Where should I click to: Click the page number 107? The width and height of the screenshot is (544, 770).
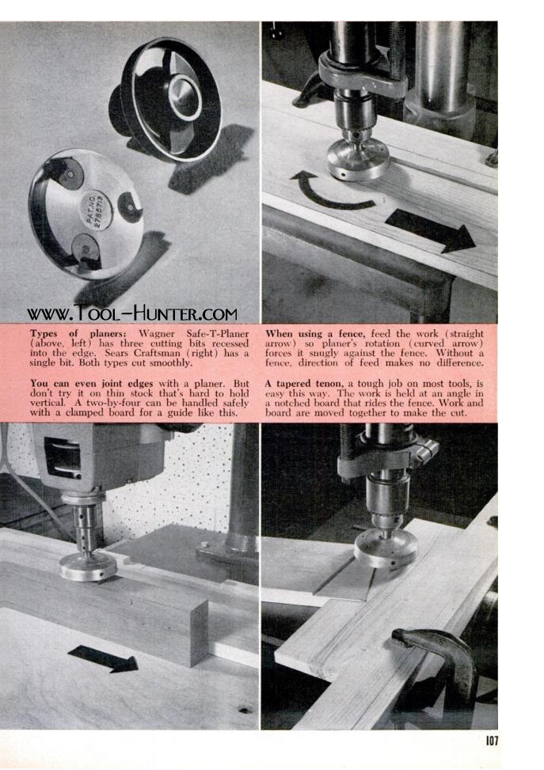(x=492, y=740)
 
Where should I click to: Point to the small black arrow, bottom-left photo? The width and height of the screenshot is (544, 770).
(x=103, y=658)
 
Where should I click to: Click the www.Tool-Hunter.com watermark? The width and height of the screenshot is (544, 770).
(x=132, y=313)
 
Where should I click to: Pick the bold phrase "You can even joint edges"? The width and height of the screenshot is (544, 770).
(x=92, y=384)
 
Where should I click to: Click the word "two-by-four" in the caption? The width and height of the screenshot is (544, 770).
(x=112, y=403)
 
